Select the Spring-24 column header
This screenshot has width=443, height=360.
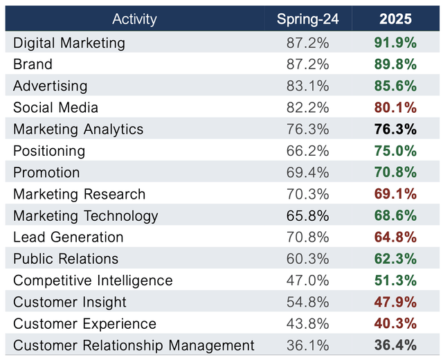click(x=308, y=19)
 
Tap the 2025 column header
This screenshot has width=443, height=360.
click(x=395, y=19)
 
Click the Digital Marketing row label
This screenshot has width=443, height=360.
click(x=69, y=43)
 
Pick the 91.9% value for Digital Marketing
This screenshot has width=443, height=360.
click(x=395, y=43)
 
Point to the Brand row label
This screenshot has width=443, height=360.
click(x=33, y=64)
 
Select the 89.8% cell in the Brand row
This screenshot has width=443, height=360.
click(x=395, y=64)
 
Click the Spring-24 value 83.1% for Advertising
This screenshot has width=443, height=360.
click(x=308, y=86)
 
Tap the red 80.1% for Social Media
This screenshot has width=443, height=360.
click(x=395, y=107)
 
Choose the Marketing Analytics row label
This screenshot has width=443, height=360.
click(x=78, y=129)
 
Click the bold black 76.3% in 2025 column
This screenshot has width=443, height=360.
click(x=395, y=129)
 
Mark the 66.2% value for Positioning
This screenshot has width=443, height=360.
click(x=308, y=151)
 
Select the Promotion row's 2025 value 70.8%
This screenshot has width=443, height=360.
click(x=395, y=172)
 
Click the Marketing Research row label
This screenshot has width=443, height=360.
click(x=80, y=194)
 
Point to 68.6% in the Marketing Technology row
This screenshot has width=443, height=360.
click(x=395, y=216)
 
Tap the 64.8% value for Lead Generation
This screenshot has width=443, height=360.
click(x=395, y=237)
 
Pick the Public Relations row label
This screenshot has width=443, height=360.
click(x=66, y=259)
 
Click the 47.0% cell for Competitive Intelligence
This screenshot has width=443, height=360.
click(x=308, y=280)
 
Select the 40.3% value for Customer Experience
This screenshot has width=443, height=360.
click(x=395, y=324)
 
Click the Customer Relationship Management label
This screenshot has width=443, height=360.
click(x=134, y=345)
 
